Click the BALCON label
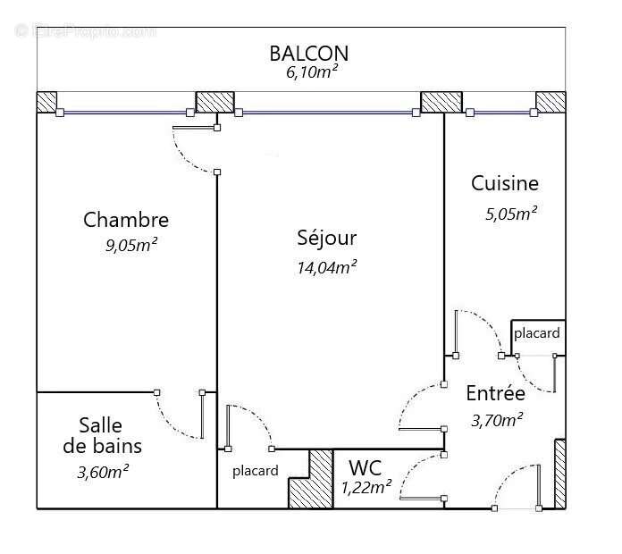pos(308,54)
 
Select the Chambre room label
pos(126,220)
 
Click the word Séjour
pos(326,238)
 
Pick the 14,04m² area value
pos(326,265)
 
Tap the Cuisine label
pos(505,184)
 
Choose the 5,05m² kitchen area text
pos(505,213)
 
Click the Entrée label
pos(495,392)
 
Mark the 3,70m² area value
pos(496,418)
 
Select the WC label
pos(366,467)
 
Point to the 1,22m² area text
pos(366,488)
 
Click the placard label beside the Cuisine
pos(536,333)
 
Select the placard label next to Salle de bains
pos(255,471)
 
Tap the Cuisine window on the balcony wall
pos(501,113)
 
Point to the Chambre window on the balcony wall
pos(124,113)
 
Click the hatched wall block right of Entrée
pos(560,473)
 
